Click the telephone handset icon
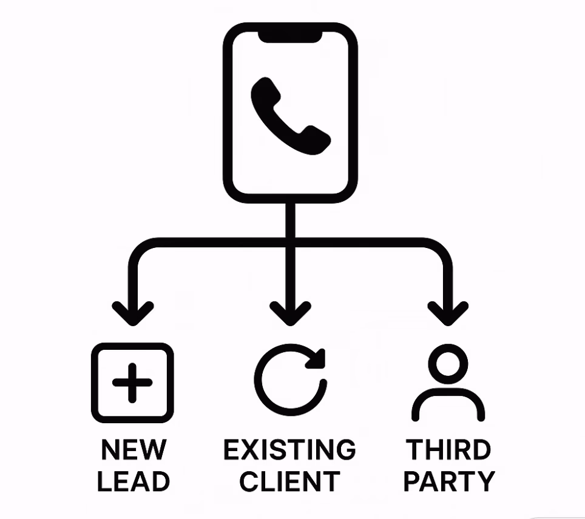[290, 116]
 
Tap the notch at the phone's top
[290, 36]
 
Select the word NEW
[133, 450]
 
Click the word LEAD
[134, 482]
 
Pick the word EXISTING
[289, 450]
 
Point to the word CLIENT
[289, 482]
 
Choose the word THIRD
[448, 450]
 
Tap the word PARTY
[449, 482]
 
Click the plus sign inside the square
[132, 383]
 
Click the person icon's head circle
[448, 366]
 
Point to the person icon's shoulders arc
[448, 403]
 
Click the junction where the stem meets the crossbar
[290, 243]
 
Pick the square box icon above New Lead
[132, 383]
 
